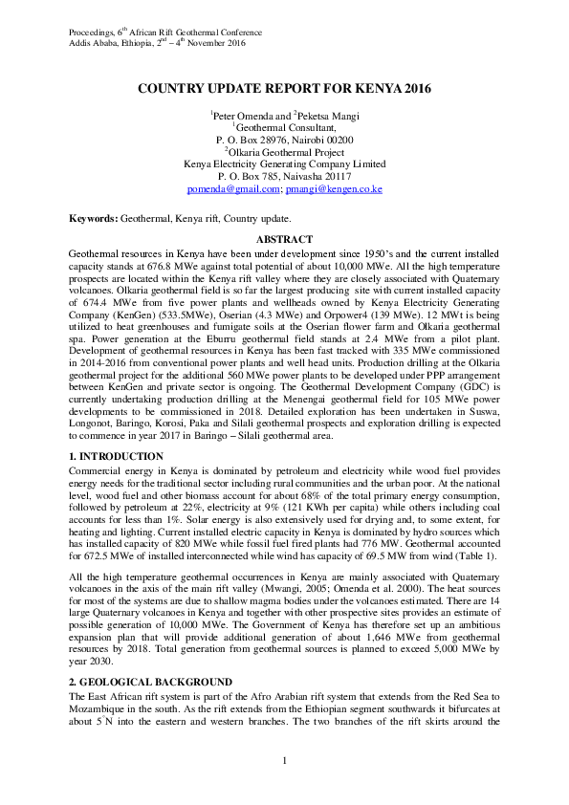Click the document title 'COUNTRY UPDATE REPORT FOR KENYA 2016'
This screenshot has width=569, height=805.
click(x=284, y=89)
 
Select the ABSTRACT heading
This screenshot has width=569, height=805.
click(x=284, y=239)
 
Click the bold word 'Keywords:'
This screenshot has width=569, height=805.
click(x=93, y=218)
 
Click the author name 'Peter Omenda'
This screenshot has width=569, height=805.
click(x=243, y=115)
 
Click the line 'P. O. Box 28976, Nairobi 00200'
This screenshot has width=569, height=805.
click(x=284, y=140)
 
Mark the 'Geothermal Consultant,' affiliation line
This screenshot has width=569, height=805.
click(x=285, y=127)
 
